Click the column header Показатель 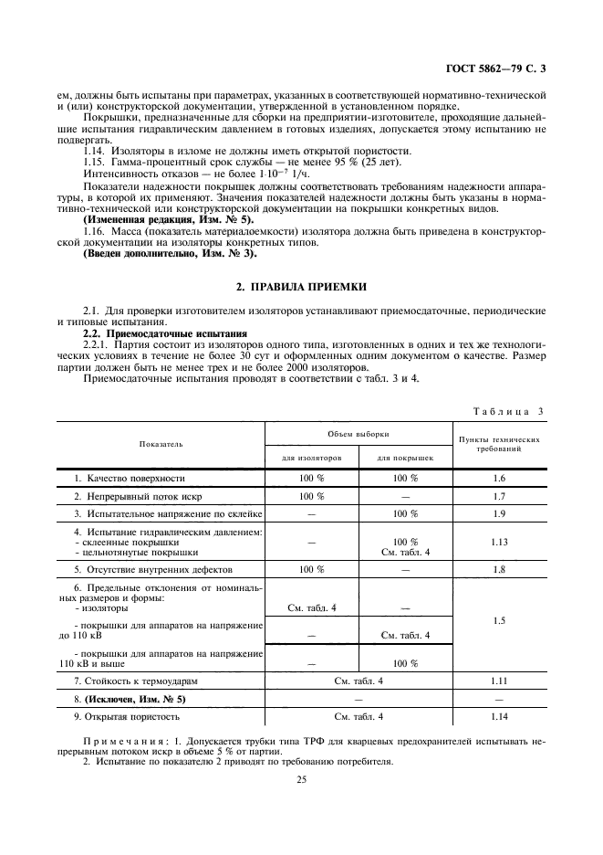(x=161, y=444)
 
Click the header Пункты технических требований (x=498, y=444)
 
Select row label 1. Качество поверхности (x=130, y=478)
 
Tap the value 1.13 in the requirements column (x=498, y=542)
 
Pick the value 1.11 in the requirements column (x=498, y=681)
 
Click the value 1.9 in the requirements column (x=498, y=514)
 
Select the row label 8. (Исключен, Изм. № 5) (x=130, y=699)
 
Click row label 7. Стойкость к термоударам (x=136, y=681)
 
